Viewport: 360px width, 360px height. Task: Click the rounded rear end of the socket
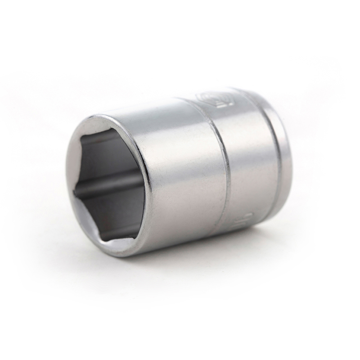coord(288,148)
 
